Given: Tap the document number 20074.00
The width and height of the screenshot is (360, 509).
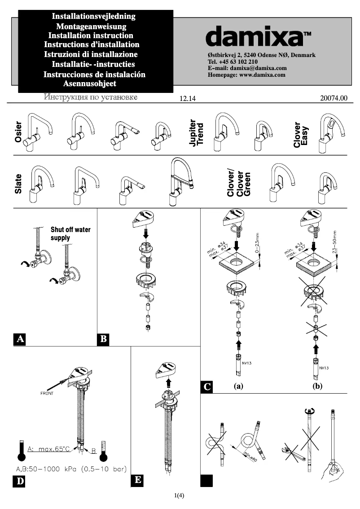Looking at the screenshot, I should (x=334, y=98).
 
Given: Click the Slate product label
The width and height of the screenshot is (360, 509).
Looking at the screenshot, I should (x=19, y=184).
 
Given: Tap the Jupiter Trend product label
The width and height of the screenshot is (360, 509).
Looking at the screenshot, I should (x=197, y=132).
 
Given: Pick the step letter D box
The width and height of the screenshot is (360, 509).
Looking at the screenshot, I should (x=20, y=482).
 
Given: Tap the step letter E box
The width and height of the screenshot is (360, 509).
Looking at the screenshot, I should (x=138, y=480).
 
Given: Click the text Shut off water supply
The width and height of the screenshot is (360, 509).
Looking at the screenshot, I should (x=70, y=233).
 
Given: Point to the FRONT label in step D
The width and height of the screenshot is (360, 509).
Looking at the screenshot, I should (x=47, y=393).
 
